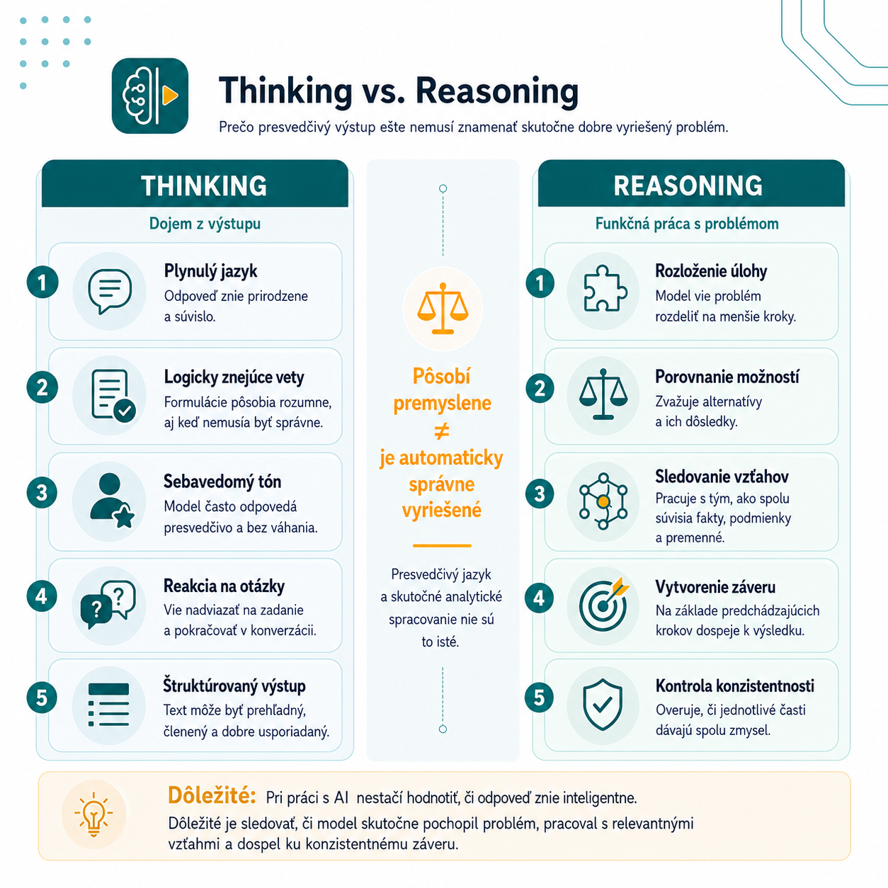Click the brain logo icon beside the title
point(149,96)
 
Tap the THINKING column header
point(204,186)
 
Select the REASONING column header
point(688,186)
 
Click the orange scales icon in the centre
point(443,308)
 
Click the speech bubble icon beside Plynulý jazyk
point(110,291)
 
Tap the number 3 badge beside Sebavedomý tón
point(42,493)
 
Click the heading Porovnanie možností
point(727,377)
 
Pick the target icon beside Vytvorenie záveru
point(604,603)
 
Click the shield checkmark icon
point(603,705)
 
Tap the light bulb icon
point(93,814)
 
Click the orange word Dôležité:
point(212,795)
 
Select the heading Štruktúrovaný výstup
point(234,685)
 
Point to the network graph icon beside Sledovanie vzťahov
point(603,501)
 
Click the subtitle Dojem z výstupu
point(205,224)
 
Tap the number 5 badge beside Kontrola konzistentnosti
point(539,698)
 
